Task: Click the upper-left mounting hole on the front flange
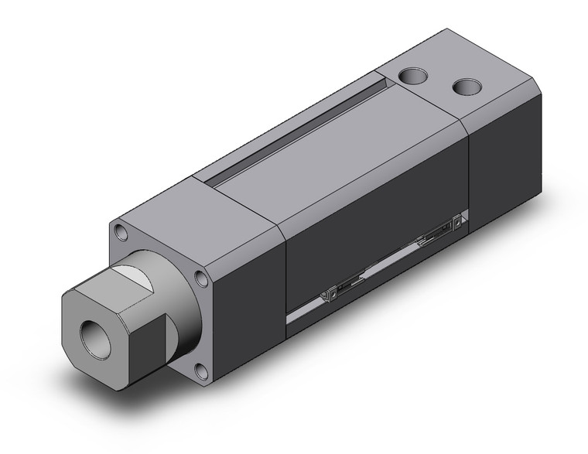[x=121, y=230]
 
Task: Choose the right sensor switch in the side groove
[x=438, y=232]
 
